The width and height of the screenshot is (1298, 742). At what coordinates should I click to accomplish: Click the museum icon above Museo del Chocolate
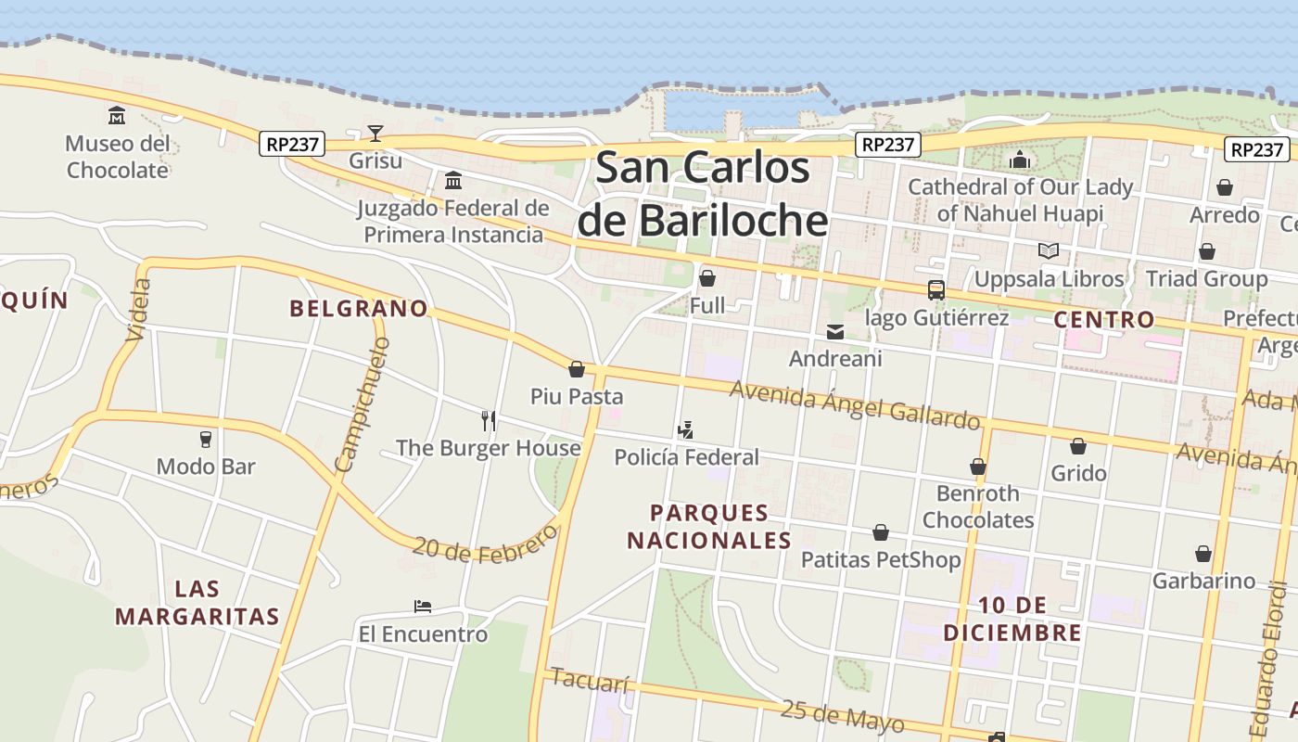click(117, 116)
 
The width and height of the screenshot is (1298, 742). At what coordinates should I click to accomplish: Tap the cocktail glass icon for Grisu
click(375, 134)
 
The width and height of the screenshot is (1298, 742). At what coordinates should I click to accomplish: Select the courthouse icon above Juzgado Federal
click(453, 180)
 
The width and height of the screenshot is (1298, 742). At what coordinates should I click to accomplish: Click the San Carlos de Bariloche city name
click(702, 194)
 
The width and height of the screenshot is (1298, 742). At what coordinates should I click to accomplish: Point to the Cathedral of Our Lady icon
click(1020, 160)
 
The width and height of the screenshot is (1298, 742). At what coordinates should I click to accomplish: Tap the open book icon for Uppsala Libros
click(1049, 251)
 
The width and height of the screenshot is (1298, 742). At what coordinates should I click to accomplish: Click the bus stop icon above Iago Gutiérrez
click(936, 290)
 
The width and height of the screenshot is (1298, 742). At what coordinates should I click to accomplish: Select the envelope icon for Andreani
click(835, 331)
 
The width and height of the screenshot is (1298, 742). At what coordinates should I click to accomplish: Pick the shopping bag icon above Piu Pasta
click(577, 369)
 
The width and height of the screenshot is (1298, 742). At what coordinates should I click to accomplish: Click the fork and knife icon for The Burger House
click(489, 421)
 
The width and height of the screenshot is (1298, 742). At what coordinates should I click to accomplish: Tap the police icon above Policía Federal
click(686, 429)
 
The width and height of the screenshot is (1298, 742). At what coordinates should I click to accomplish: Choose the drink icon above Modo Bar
click(206, 439)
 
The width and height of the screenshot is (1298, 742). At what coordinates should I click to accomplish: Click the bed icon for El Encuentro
click(423, 607)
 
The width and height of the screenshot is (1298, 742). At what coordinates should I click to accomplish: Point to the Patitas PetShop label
click(881, 559)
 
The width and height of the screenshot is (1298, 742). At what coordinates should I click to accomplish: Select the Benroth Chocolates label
click(977, 506)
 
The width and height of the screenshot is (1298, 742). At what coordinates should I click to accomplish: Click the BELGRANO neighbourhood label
click(359, 308)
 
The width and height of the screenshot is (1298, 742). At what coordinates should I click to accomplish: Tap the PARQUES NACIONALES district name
click(709, 526)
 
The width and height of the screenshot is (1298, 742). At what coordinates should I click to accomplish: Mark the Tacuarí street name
click(590, 680)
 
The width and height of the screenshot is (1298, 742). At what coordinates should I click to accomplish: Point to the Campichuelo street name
click(362, 404)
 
